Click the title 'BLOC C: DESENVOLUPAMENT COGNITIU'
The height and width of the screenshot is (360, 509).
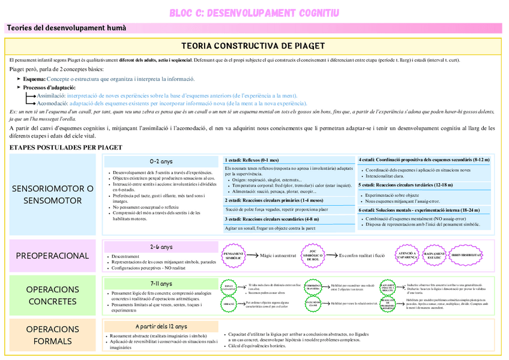point(254,12)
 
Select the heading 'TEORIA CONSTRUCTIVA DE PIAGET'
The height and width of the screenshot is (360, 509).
point(253,46)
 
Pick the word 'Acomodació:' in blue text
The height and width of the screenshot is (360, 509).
point(52,103)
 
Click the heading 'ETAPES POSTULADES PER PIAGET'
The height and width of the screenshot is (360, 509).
point(66,147)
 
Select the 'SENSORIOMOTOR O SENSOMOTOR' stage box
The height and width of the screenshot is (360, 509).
point(53,194)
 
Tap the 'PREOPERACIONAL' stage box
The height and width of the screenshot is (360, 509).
point(53,256)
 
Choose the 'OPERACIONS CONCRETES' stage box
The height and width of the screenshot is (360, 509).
point(53,295)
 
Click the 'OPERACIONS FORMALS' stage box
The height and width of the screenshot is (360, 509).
point(53,335)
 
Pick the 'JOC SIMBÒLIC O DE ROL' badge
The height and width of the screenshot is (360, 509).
point(312,256)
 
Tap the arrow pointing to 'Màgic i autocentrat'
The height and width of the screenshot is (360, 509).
point(252,256)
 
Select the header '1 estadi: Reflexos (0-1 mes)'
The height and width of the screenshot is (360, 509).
point(253,160)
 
